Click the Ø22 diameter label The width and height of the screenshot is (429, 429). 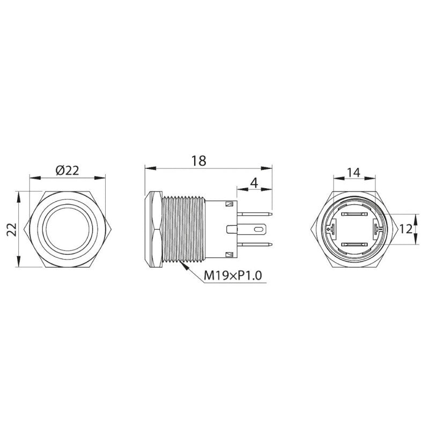pos(67,170)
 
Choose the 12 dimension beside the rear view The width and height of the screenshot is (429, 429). pos(406,229)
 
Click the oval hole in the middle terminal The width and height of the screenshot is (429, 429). pos(258,230)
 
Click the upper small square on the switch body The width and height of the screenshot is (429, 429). pos(230,204)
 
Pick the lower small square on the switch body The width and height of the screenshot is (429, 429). pos(230,254)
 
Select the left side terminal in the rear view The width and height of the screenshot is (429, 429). pos(329,230)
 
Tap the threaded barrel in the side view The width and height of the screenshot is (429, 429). pos(183,230)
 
